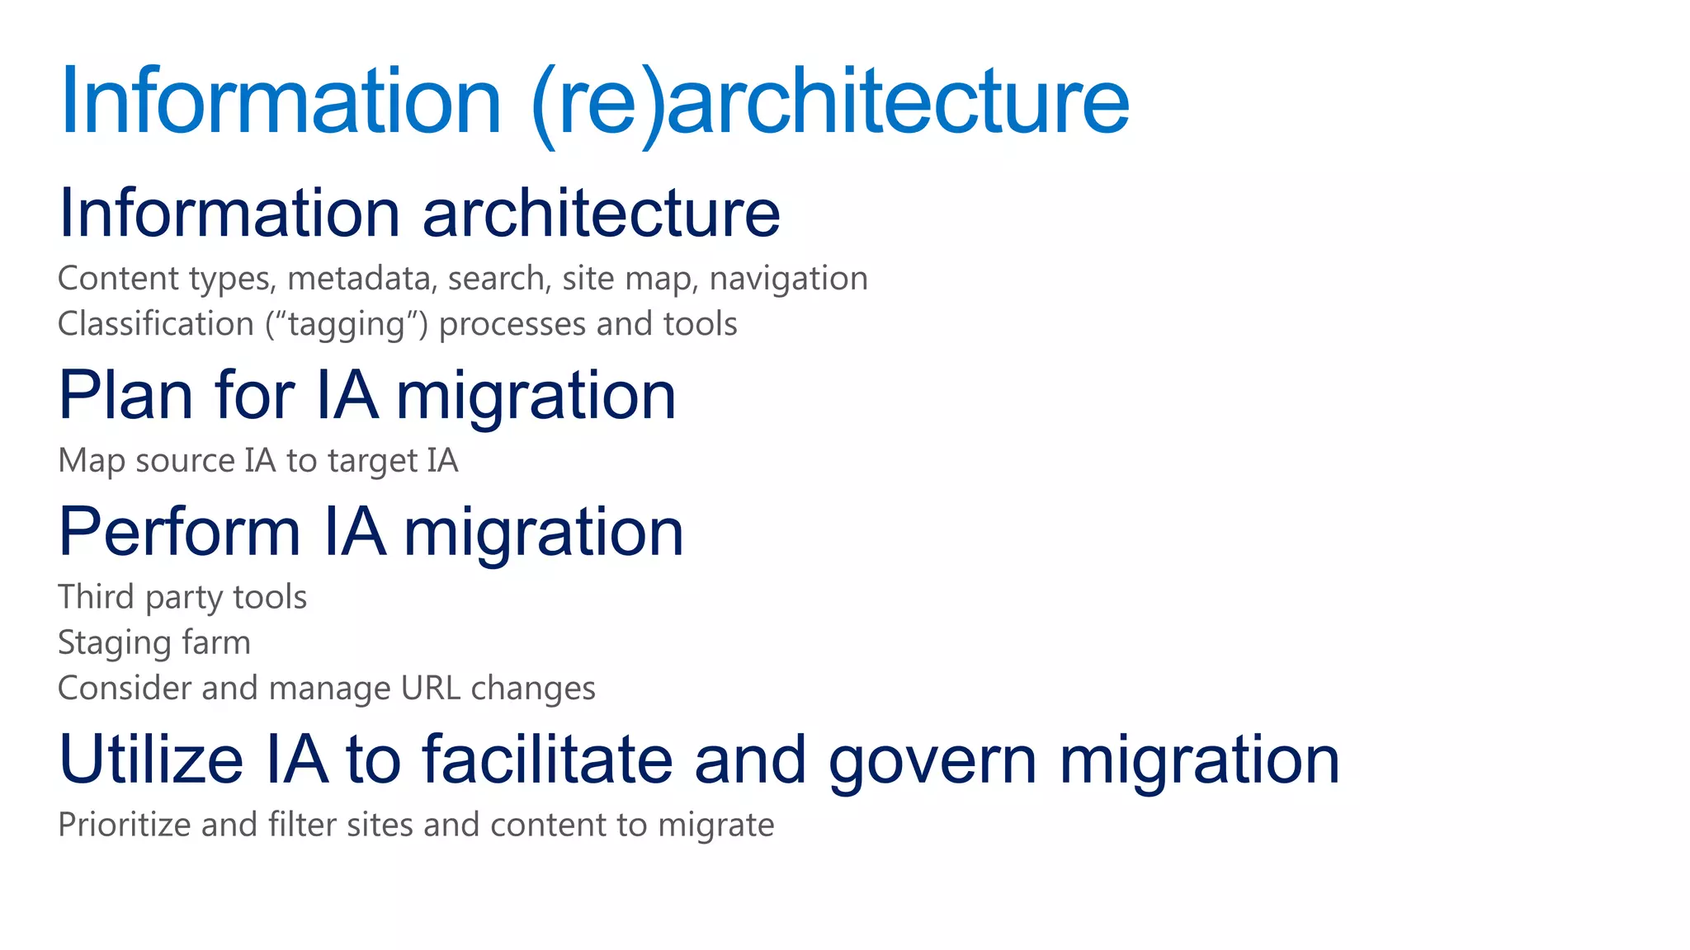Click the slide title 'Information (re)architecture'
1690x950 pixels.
(594, 101)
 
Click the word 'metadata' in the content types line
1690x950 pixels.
(359, 279)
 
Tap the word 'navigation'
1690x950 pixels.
(788, 279)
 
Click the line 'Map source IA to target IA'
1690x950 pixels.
(257, 461)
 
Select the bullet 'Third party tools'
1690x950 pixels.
(182, 597)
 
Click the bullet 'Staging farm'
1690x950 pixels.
(153, 643)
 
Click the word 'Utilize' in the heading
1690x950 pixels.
(151, 760)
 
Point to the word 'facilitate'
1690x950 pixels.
(547, 760)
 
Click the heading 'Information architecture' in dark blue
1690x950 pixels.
(419, 213)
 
